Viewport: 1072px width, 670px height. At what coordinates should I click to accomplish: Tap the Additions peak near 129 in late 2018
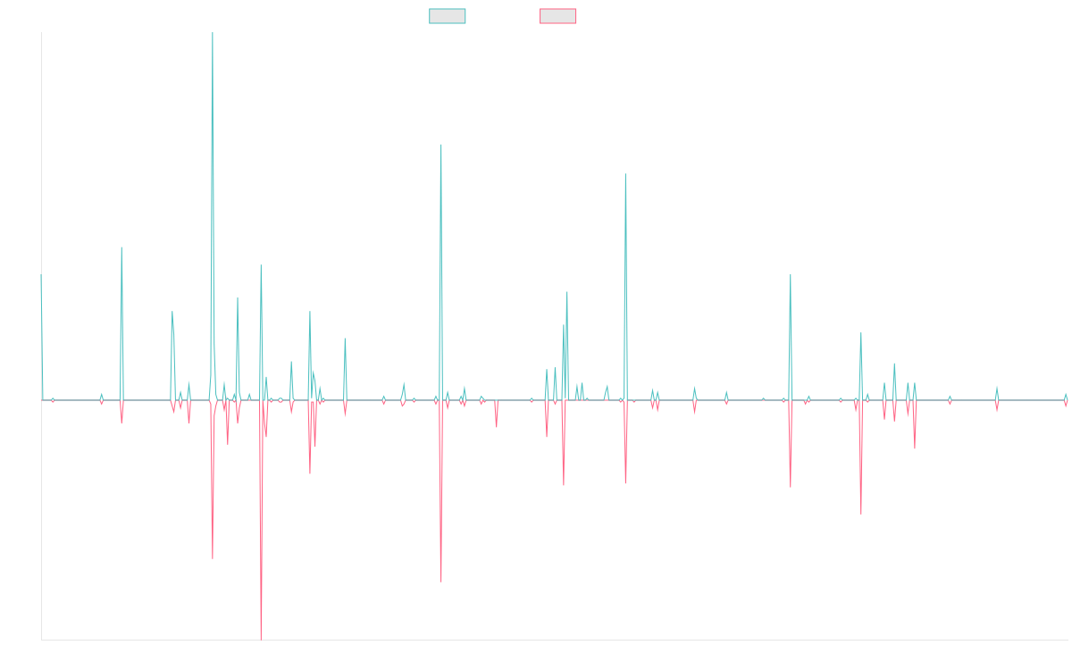pyautogui.click(x=441, y=145)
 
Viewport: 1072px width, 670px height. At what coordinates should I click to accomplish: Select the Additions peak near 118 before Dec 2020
pyautogui.click(x=625, y=174)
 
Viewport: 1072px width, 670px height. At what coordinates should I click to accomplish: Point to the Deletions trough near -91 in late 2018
pyautogui.click(x=441, y=582)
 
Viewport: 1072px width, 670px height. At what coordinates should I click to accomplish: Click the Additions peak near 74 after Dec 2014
pyautogui.click(x=121, y=247)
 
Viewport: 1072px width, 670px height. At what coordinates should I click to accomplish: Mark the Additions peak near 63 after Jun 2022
pyautogui.click(x=791, y=275)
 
